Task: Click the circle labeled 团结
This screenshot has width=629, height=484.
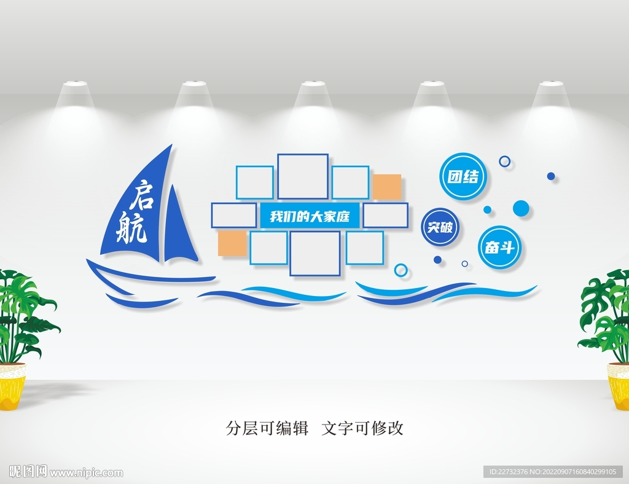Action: (463, 176)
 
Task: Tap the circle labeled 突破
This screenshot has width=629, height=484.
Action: (440, 227)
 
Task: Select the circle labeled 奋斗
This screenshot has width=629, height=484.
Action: (499, 247)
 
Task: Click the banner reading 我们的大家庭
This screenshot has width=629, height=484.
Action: (310, 217)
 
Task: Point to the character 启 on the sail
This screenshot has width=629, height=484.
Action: (143, 195)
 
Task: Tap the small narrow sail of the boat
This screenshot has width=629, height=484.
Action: (180, 227)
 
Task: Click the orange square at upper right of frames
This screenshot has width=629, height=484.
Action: (387, 187)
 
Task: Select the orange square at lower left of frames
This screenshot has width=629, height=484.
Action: (232, 243)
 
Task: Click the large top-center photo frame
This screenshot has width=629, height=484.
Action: (303, 176)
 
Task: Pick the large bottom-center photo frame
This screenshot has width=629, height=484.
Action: (315, 254)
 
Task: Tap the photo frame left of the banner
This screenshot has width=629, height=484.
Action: (234, 216)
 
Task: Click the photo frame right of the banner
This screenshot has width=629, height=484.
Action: (386, 216)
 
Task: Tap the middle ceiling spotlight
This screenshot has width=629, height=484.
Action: (313, 84)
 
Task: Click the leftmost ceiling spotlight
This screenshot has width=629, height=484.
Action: (75, 84)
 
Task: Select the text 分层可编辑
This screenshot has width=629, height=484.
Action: (267, 428)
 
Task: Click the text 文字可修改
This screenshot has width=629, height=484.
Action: (362, 428)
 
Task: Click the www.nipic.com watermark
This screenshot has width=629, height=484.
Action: (86, 473)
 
